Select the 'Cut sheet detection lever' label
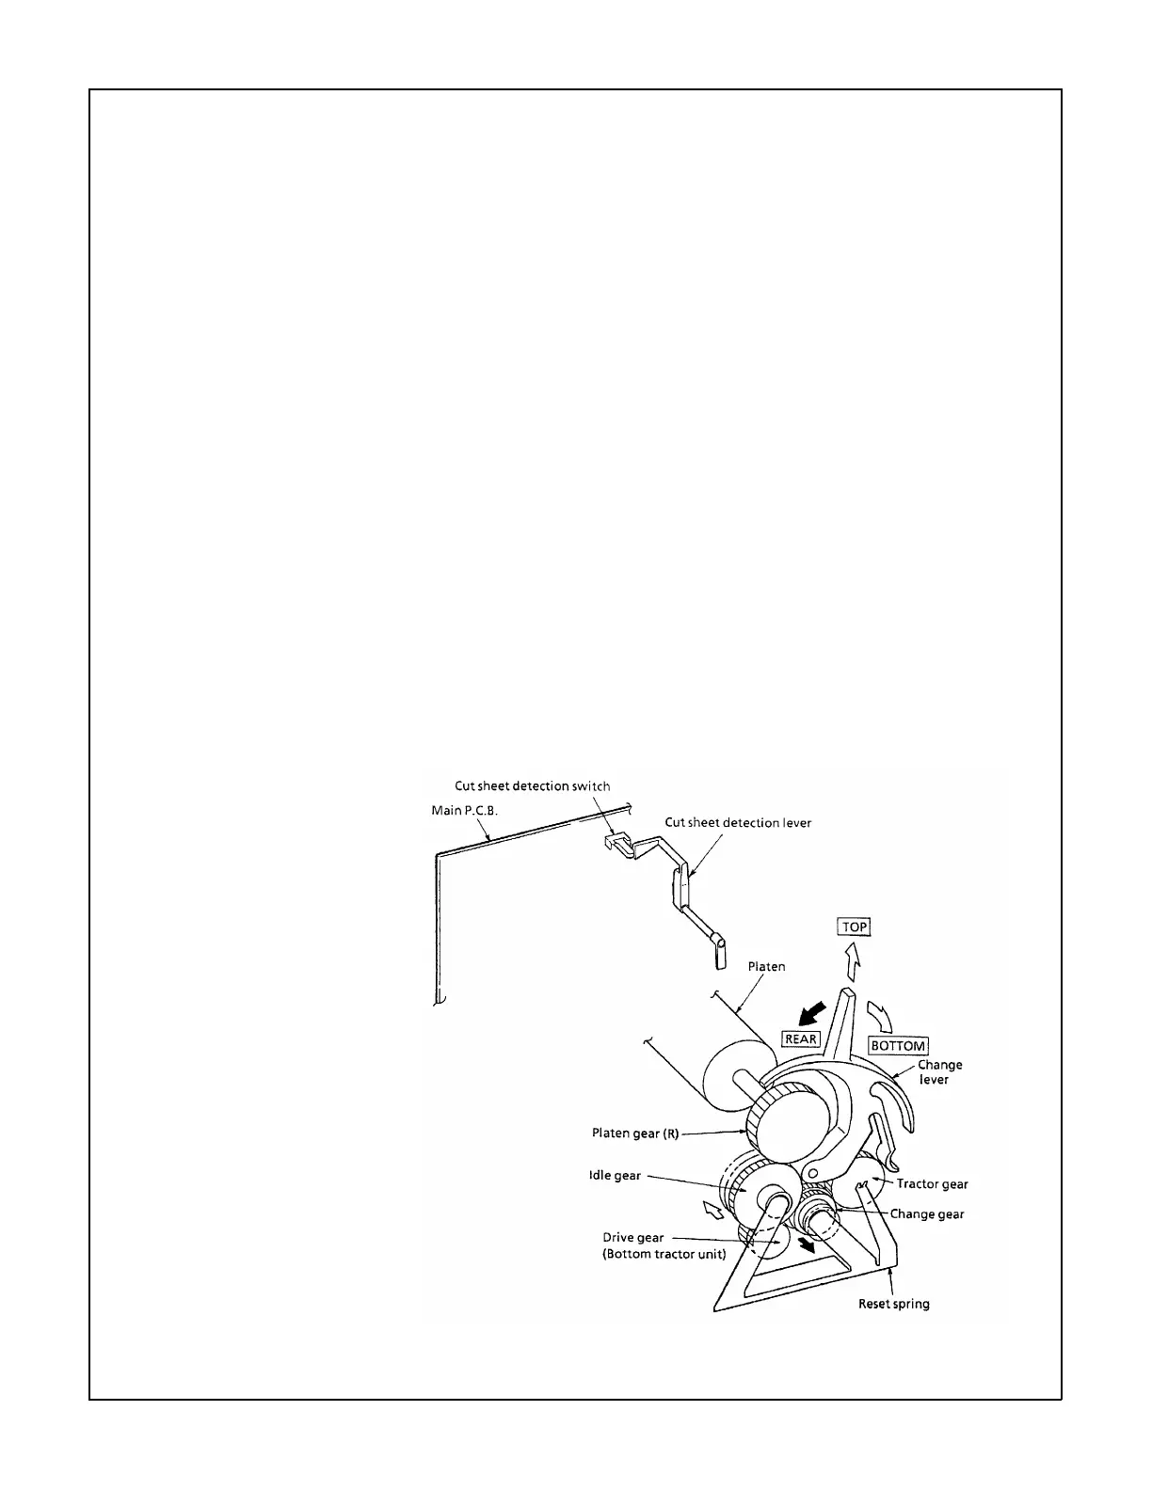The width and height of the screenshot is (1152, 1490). (x=738, y=822)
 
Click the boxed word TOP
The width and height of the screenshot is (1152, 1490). (x=854, y=927)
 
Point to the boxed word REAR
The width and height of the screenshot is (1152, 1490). (x=801, y=1038)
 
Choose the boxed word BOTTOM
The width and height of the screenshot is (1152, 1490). (x=898, y=1046)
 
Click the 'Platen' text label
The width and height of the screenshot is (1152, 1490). (x=766, y=966)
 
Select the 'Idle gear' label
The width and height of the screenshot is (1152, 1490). (x=615, y=1175)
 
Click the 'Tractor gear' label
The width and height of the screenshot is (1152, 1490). (x=932, y=1184)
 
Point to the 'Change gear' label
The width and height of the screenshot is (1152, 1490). (x=927, y=1213)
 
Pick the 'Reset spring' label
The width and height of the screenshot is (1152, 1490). (x=893, y=1304)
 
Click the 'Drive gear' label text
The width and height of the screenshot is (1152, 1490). (x=633, y=1238)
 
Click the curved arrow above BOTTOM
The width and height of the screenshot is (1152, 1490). (x=882, y=1016)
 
